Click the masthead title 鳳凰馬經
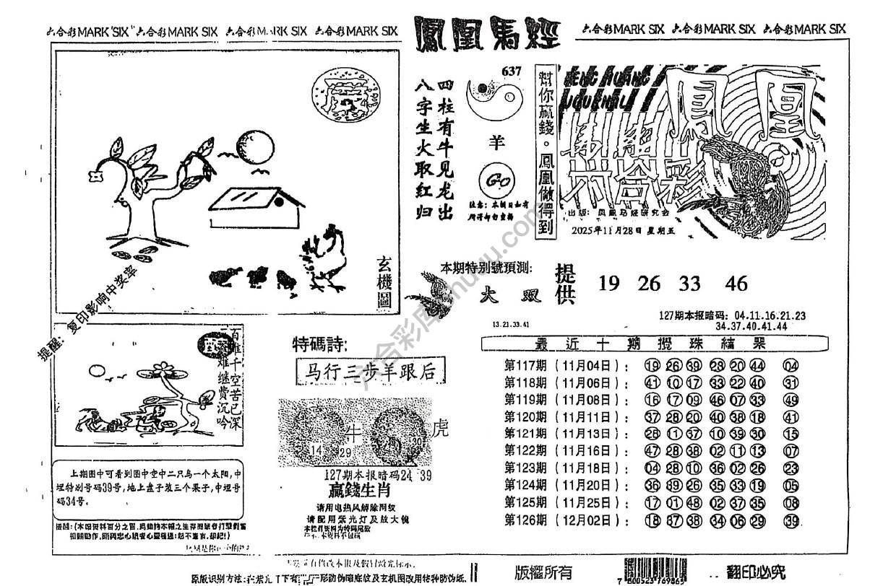488,33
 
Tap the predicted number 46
736,284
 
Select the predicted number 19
610,284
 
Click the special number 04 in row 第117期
791,366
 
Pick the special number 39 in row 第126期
791,521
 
